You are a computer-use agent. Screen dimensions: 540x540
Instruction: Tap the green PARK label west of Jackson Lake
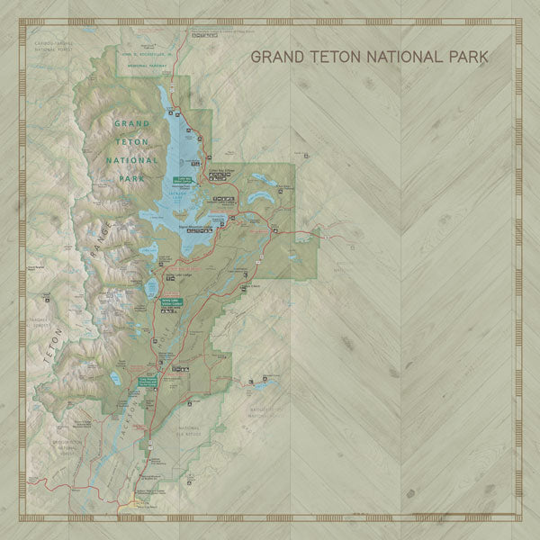coord(131,179)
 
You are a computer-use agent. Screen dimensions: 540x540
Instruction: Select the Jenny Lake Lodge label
coord(174,276)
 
